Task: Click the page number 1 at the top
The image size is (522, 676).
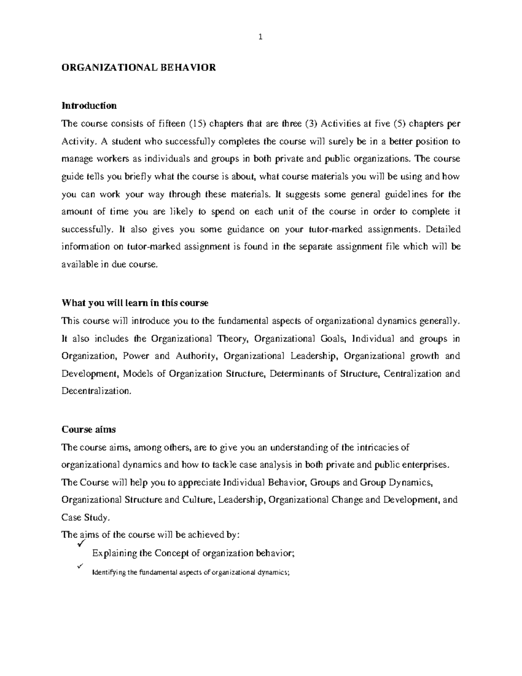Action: (x=261, y=37)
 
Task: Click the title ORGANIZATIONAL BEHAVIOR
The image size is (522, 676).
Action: (x=139, y=67)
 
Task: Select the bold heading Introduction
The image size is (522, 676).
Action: (x=89, y=106)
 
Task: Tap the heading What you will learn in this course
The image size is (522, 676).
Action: (x=135, y=303)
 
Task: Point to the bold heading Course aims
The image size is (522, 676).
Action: (x=89, y=429)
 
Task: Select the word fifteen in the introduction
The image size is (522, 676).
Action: (x=172, y=124)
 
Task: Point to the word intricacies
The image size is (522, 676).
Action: (x=383, y=447)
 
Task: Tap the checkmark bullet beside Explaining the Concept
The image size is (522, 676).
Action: (x=80, y=545)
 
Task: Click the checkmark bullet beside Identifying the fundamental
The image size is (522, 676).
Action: (x=79, y=566)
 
